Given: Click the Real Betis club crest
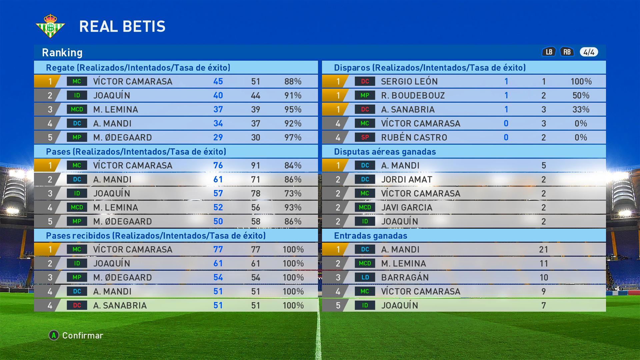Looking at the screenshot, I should [50, 26].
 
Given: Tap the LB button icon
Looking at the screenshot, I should [549, 52].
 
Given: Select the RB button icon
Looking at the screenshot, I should [567, 52].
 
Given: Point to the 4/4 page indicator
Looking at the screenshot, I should [589, 52].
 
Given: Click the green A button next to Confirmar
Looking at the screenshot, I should [54, 335].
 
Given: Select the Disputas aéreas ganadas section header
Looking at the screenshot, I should [385, 152].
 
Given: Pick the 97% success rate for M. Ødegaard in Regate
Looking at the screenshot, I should [293, 137].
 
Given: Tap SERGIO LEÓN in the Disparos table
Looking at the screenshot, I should [409, 81].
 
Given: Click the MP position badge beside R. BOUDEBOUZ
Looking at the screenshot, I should [365, 95].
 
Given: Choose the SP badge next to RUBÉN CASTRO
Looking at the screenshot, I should [365, 137].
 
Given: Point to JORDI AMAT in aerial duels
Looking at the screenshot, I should [407, 179].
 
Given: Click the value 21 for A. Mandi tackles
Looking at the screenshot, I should [544, 249].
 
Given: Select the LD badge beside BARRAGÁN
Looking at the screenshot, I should [365, 277].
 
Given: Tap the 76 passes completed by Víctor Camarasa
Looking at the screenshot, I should [218, 165].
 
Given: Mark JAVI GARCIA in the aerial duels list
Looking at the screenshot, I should [407, 207].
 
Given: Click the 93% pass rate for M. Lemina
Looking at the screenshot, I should [293, 207].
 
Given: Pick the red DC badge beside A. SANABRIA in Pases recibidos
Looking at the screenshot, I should [77, 305].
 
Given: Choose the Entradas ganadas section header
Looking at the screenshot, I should [371, 236].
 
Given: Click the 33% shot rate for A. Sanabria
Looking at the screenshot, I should [581, 109].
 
